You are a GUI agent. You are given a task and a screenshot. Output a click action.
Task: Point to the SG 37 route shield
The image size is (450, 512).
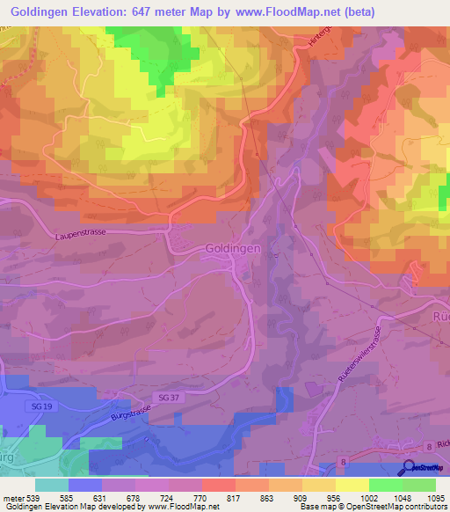pos(171,399)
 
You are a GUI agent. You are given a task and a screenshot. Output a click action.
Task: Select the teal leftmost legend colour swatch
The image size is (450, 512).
pos(52,484)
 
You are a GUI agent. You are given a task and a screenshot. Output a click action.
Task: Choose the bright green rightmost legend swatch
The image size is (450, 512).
pos(418,484)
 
